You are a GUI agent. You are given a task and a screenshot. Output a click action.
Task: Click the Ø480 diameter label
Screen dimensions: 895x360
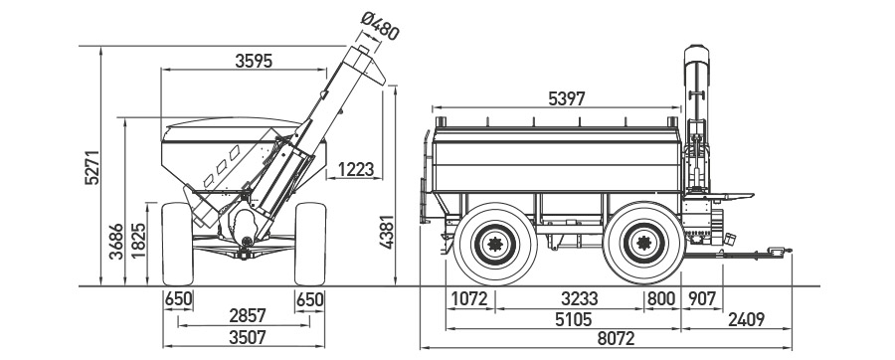coord(380,26)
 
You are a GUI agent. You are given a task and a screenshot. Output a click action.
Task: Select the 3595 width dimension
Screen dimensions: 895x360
coord(254,61)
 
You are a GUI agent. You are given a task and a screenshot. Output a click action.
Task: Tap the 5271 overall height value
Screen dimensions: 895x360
coord(91,167)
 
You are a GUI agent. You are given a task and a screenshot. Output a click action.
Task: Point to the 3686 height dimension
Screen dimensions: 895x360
coord(116,242)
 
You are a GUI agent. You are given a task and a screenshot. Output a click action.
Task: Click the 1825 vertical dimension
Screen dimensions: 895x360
coord(138,241)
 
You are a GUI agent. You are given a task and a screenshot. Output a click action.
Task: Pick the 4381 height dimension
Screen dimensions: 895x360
coord(388,232)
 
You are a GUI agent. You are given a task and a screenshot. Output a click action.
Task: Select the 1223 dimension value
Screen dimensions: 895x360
coord(356,169)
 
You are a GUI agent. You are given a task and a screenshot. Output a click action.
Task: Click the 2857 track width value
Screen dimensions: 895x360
coord(248,315)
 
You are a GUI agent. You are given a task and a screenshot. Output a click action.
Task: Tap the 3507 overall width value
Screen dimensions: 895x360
coord(248,337)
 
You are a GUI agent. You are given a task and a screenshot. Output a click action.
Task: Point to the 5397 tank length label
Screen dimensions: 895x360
coord(567,98)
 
